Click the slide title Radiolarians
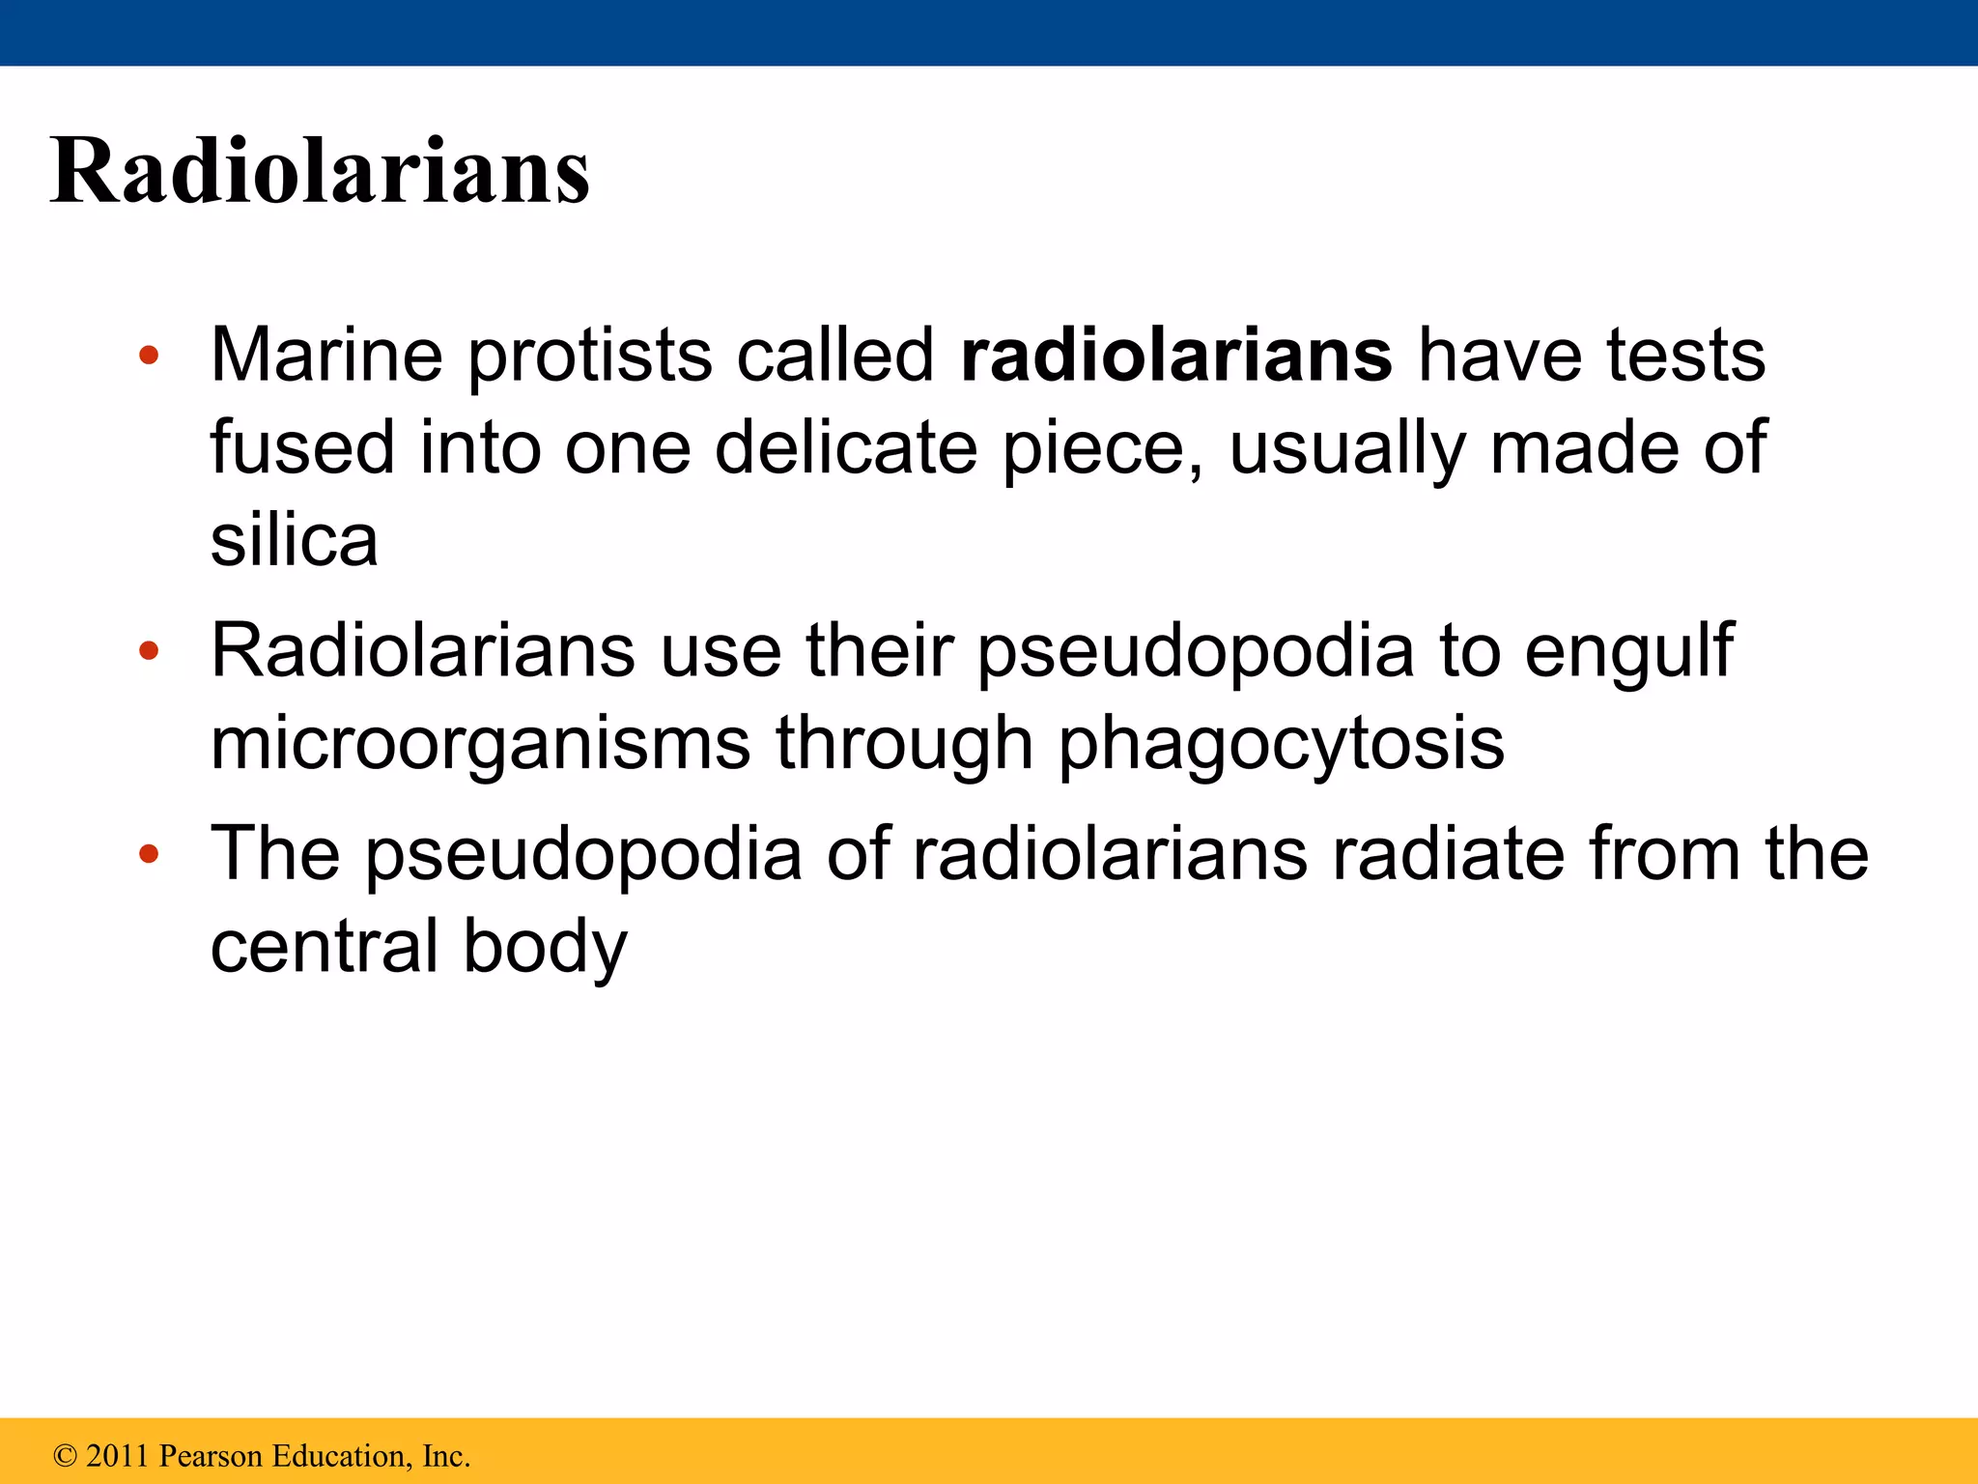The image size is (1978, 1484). (320, 171)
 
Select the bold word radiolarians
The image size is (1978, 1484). (1176, 355)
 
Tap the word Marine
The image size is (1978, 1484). (326, 355)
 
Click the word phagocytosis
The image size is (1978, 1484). (1282, 746)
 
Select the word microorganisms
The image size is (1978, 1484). (480, 744)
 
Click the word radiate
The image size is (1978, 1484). (1446, 853)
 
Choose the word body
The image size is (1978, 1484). (545, 948)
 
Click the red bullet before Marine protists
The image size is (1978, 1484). (148, 356)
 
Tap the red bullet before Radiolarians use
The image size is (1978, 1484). (148, 651)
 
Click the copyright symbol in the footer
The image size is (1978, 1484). (65, 1455)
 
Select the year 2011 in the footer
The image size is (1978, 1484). (117, 1455)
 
